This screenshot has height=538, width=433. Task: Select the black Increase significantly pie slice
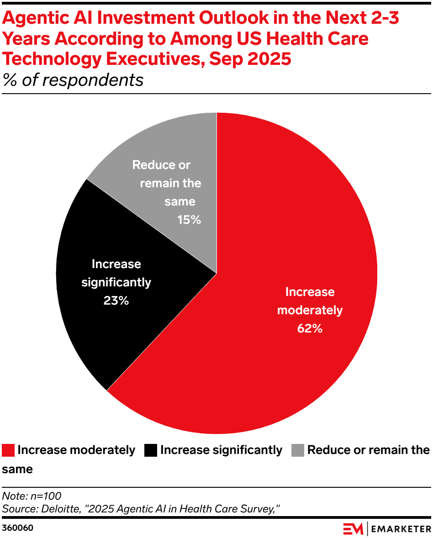tap(91, 320)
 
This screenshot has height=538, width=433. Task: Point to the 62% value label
tap(310, 328)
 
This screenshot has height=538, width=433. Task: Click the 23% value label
tap(116, 301)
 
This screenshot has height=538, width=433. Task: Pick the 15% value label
tap(189, 220)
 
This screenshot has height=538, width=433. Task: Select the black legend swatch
tap(151, 450)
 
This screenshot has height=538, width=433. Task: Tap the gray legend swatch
tap(298, 450)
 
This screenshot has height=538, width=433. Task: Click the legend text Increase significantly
tap(222, 450)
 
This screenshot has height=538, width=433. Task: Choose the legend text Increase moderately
tap(76, 450)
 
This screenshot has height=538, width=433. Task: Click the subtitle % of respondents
tap(73, 80)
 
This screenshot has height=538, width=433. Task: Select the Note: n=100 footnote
tap(32, 496)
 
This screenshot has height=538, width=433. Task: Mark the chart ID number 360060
tap(18, 528)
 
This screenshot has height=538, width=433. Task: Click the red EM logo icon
tap(353, 529)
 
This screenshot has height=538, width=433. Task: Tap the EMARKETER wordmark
tap(401, 529)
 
